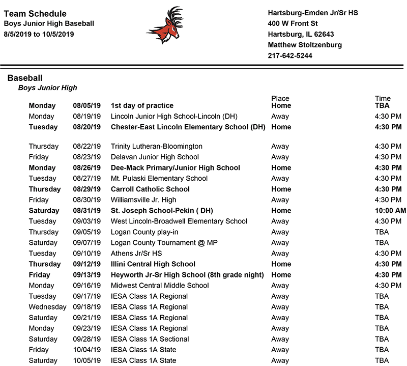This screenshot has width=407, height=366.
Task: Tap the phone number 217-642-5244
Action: [290, 56]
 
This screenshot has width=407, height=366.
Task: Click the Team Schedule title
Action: [35, 14]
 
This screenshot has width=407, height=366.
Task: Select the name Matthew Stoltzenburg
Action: [305, 45]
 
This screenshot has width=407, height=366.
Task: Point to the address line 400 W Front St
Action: [293, 23]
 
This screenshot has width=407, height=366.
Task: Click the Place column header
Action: [280, 98]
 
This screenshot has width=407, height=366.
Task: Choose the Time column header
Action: [383, 98]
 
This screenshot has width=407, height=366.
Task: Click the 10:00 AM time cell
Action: [390, 211]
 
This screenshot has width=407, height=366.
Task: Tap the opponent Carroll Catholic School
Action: [150, 189]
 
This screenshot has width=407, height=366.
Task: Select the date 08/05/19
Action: [86, 106]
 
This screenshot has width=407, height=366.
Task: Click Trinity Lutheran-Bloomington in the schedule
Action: [156, 147]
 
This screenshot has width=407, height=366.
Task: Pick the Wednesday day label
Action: [47, 307]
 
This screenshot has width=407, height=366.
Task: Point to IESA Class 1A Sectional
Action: [150, 339]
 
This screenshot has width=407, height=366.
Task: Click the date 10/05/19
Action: [86, 360]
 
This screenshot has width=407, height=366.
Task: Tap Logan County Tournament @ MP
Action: [164, 243]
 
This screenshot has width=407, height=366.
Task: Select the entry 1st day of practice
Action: [142, 106]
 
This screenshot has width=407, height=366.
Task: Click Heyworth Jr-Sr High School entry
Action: [187, 275]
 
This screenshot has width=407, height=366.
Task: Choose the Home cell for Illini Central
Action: [281, 264]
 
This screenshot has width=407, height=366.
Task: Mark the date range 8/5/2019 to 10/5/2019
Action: [39, 34]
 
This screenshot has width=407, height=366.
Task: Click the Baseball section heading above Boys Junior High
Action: [25, 78]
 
